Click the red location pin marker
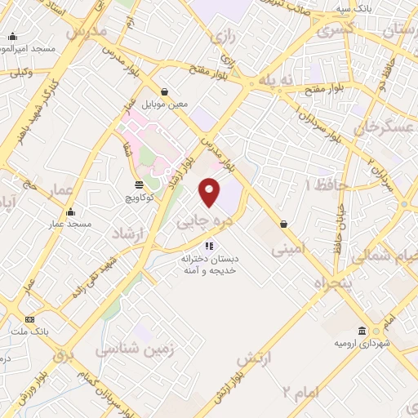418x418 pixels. [210, 192]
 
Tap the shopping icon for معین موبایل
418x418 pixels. [166, 91]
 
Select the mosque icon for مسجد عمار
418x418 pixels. [69, 211]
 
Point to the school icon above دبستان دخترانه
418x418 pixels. [209, 245]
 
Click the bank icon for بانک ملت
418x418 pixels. [30, 319]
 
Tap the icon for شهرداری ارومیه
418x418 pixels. [362, 331]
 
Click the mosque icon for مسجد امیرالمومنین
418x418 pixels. [12, 37]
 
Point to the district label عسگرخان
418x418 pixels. [380, 129]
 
